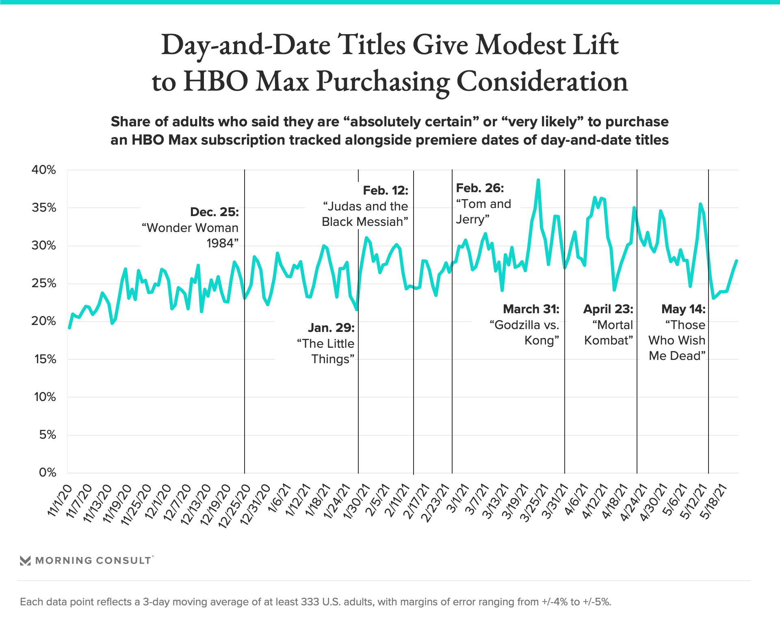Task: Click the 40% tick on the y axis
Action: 44,170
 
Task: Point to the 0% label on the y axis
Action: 48,472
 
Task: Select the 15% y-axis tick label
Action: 45,359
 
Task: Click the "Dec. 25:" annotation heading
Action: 214,212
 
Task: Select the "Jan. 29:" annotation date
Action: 331,328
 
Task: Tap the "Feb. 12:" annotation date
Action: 386,191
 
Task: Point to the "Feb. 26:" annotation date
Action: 480,188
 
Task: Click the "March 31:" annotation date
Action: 531,309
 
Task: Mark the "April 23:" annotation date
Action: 608,309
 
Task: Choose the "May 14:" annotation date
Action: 683,309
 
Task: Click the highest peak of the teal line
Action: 538,180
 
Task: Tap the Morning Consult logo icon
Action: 25,561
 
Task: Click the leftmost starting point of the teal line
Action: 69,328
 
